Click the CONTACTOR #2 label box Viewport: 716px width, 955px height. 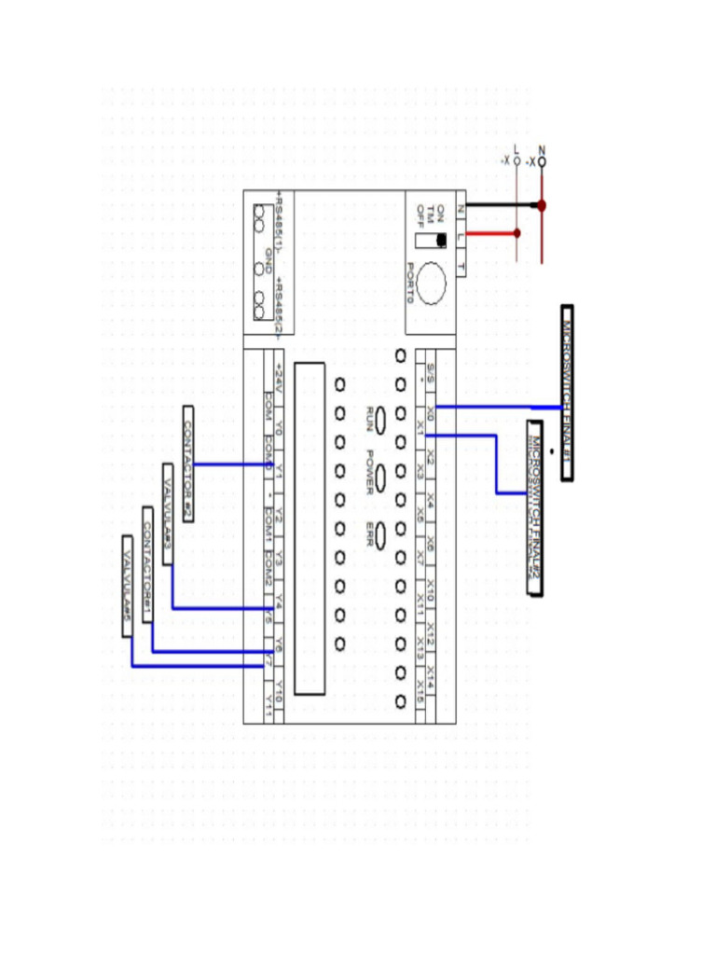(x=188, y=464)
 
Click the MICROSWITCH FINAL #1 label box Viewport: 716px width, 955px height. (x=567, y=393)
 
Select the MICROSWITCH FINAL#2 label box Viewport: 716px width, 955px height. (x=535, y=508)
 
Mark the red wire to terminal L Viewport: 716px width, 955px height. (x=489, y=233)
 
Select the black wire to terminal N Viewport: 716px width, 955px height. (x=499, y=204)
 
